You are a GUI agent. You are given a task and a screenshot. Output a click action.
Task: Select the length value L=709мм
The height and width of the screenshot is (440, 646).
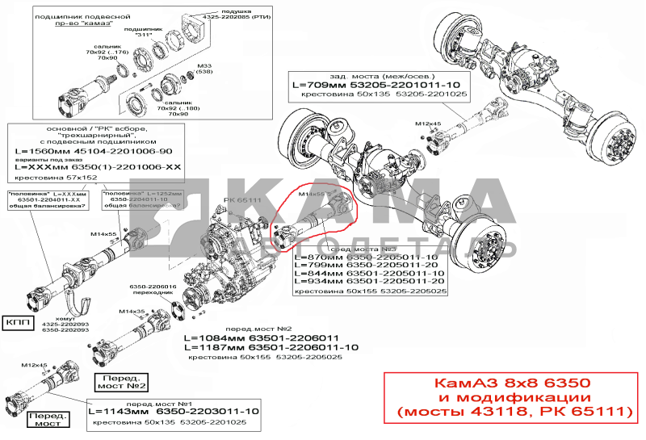tap(323, 85)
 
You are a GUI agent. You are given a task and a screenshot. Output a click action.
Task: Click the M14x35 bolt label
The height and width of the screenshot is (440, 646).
tap(131, 311)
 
